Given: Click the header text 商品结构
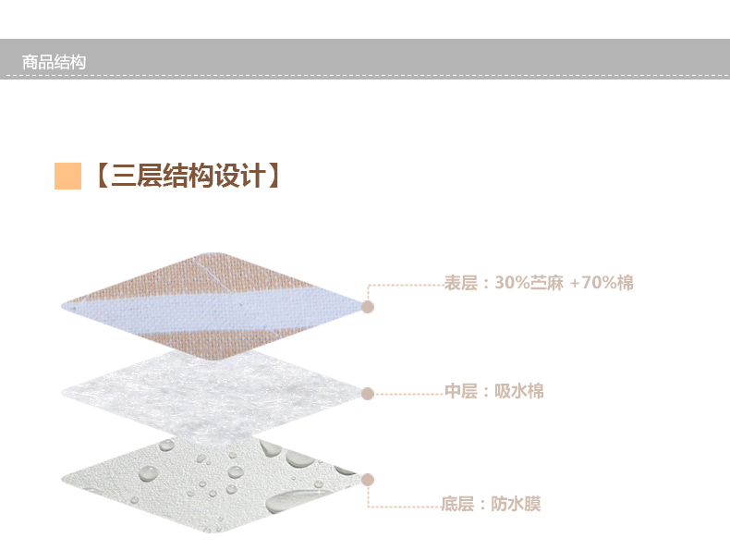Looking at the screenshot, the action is (x=54, y=63).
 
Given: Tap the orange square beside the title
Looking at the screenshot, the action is (x=68, y=176).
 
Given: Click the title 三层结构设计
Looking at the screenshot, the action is (x=186, y=176).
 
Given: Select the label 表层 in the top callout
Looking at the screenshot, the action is (x=459, y=283).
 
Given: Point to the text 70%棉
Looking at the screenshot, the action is (x=608, y=283).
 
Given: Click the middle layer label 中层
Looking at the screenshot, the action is (x=460, y=392).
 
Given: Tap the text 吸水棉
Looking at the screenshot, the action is (x=519, y=392).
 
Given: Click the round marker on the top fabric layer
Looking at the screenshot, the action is (x=367, y=306).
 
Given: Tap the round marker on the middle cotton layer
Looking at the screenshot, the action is (x=367, y=394).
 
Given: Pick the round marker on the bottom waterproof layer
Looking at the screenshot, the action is (x=367, y=479).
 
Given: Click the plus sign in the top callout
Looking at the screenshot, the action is (x=575, y=284).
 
